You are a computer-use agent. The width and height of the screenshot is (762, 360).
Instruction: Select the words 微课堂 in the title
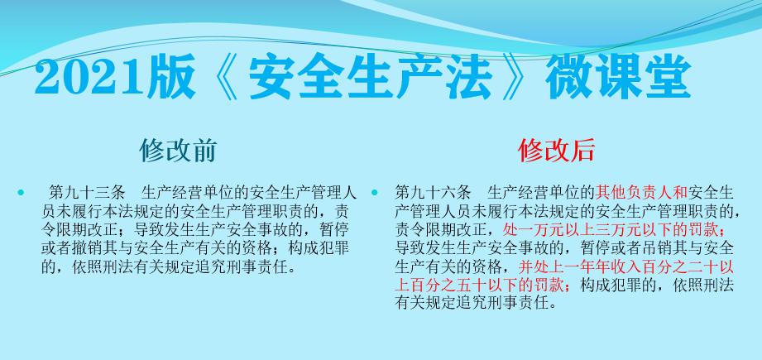(618, 77)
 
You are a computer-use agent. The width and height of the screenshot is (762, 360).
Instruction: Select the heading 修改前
(178, 151)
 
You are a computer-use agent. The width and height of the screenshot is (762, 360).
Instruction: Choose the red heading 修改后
(556, 151)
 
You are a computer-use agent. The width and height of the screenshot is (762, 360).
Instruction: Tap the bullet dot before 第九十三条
(21, 193)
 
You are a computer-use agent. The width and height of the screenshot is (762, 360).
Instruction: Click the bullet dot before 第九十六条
(374, 193)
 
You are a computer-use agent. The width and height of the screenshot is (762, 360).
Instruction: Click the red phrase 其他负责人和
(642, 193)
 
